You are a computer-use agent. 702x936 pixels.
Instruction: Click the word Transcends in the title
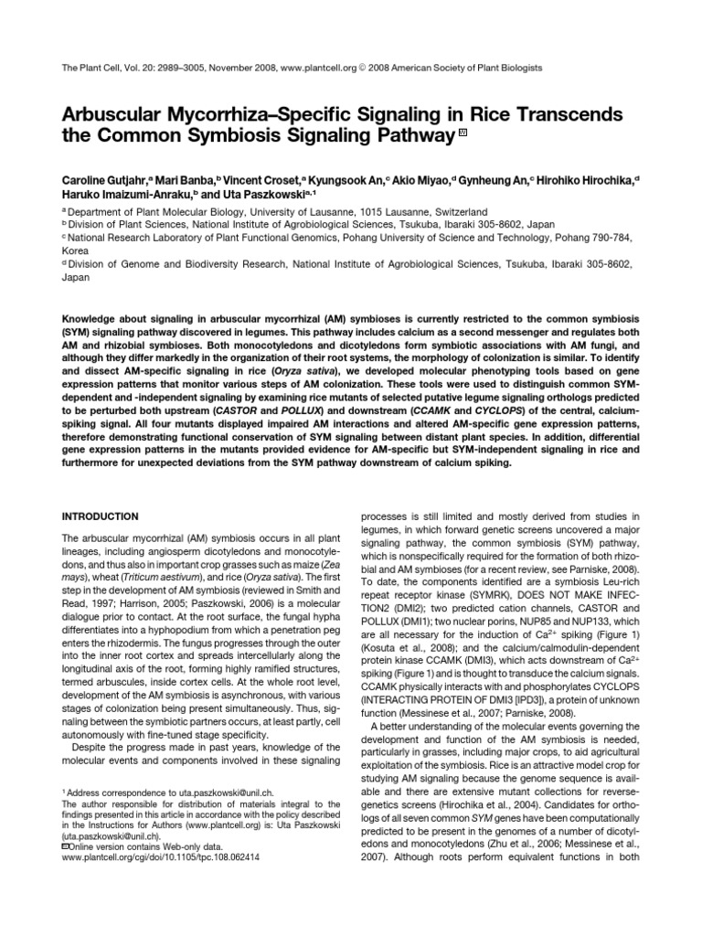542,116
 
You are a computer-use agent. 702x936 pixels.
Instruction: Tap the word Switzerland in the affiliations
454,210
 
